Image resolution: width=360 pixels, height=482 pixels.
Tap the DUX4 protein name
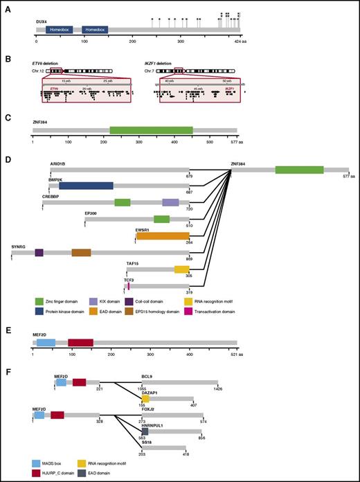point(42,21)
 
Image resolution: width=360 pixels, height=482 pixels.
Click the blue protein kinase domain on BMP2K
point(86,185)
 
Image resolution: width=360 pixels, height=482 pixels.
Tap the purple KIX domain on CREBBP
point(170,202)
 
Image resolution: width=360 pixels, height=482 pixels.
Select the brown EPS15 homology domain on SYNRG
point(81,253)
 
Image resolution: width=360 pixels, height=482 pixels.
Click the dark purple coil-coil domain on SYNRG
point(39,253)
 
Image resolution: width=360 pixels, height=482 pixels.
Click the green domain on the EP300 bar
point(161,219)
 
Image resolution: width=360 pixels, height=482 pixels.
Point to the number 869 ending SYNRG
point(190,259)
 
